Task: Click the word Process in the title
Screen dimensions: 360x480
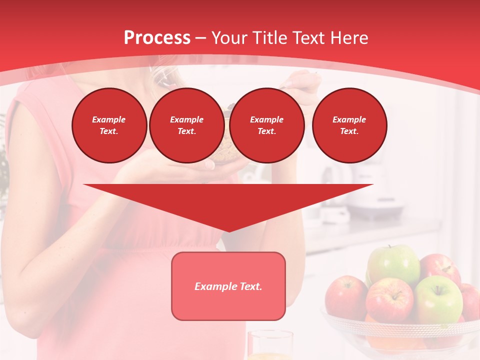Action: point(157,38)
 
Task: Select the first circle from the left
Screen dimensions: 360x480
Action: point(109,125)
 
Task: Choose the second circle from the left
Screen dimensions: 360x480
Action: point(187,125)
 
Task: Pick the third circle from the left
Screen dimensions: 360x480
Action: point(267,125)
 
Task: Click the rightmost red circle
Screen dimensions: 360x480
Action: point(349,125)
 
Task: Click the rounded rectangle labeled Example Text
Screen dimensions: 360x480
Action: point(228,286)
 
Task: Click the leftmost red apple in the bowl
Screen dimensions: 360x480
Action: point(346,297)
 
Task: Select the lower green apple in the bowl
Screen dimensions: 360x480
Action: point(438,299)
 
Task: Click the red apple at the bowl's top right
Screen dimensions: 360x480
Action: point(440,267)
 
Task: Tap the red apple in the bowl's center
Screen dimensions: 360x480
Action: point(390,300)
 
